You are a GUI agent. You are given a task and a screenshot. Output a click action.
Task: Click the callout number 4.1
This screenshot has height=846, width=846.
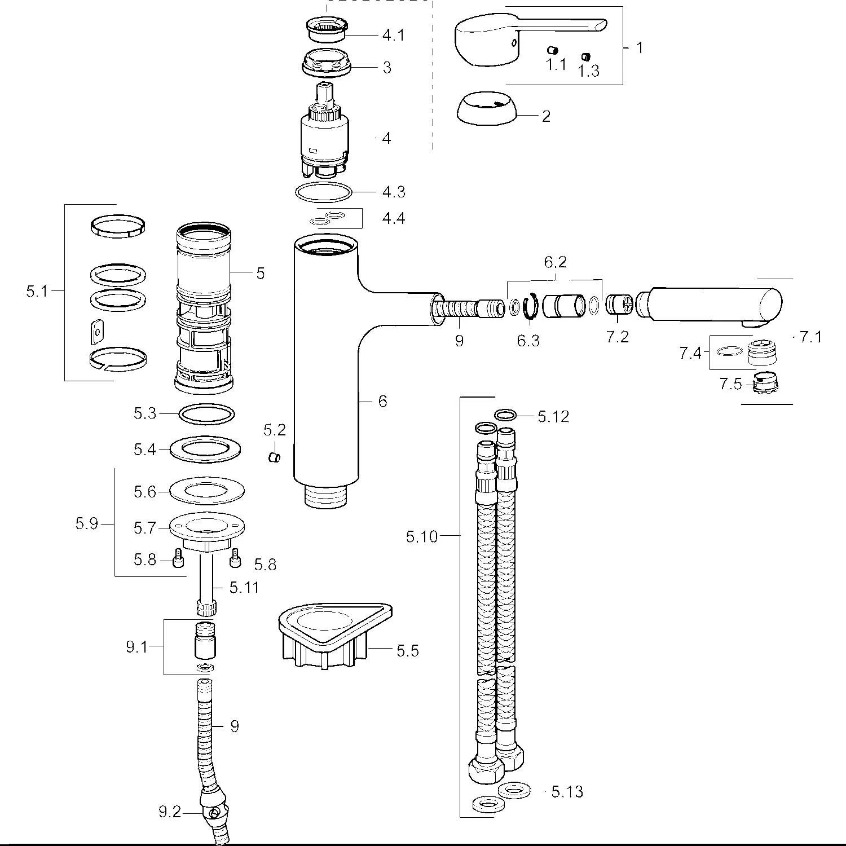394,35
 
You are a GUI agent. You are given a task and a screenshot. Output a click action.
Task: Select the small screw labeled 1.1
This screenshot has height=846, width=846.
555,50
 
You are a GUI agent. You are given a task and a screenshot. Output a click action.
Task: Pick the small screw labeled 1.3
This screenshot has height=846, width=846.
586,56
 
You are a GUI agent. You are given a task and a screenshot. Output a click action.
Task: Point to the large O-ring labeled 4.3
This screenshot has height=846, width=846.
324,192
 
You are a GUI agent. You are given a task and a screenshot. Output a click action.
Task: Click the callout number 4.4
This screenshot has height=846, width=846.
394,218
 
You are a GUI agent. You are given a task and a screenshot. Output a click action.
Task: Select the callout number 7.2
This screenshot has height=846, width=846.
617,337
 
